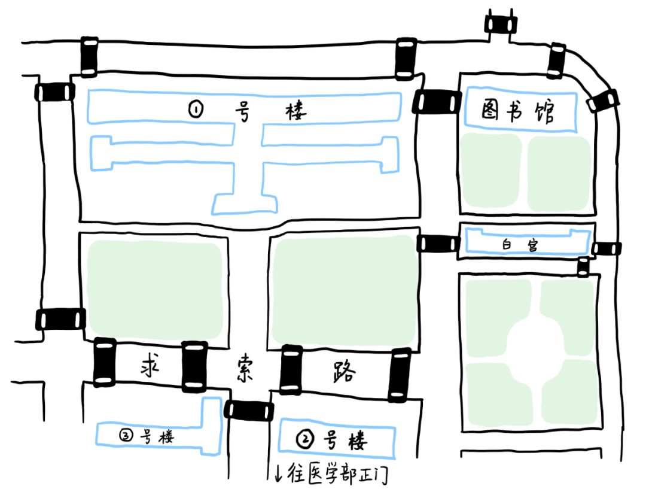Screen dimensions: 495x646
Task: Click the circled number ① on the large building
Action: tap(196, 110)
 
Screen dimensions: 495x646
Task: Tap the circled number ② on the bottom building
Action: tap(305, 441)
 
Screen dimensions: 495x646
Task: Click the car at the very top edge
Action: tap(501, 25)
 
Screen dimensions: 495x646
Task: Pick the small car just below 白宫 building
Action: tap(583, 266)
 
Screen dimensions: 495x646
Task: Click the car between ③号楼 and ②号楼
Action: tap(249, 410)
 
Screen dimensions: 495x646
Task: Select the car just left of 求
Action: tap(105, 362)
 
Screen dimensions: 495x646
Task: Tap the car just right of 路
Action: tap(398, 375)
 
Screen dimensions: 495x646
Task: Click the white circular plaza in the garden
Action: tap(535, 338)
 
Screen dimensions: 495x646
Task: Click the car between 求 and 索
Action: tap(194, 366)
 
